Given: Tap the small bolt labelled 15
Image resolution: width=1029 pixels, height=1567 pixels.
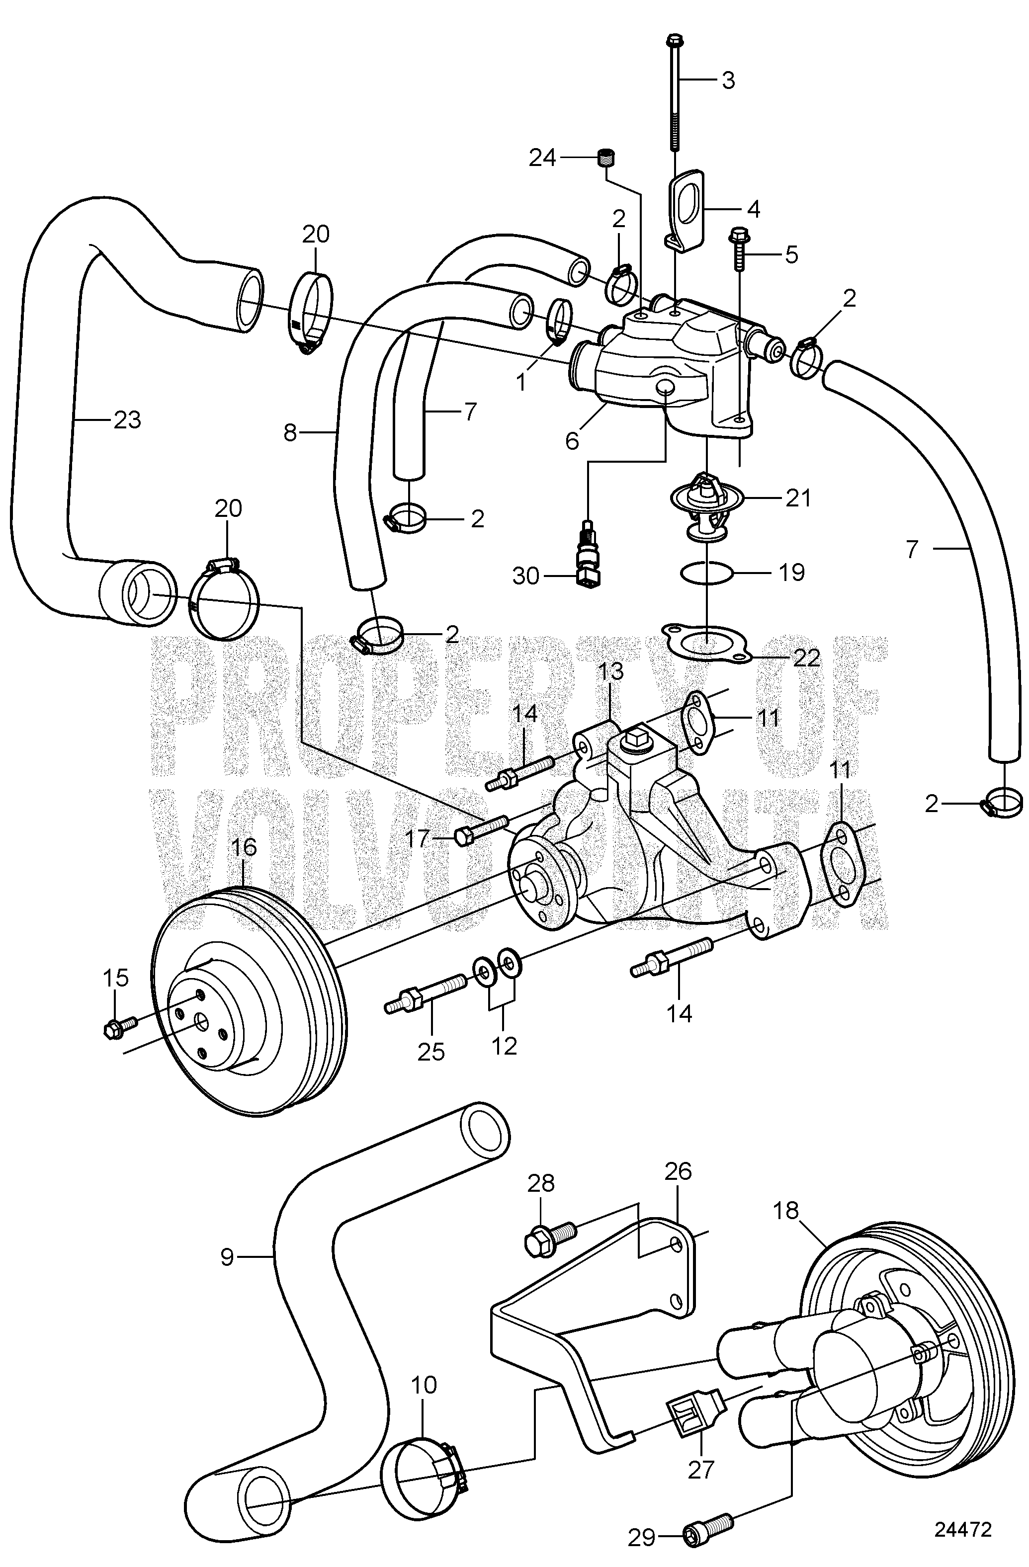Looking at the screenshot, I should tap(118, 1028).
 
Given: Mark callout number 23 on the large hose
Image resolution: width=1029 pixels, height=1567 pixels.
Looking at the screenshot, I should tap(127, 419).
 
